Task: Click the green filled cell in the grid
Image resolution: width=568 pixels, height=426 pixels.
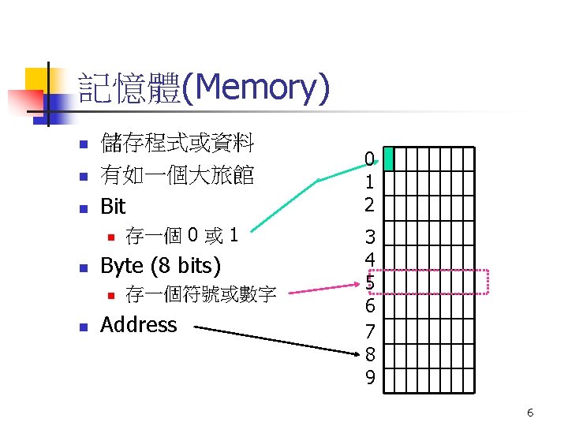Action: click(388, 159)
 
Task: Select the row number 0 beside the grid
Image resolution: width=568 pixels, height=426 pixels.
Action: click(369, 159)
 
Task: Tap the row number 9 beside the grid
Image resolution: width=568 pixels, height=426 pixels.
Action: click(369, 377)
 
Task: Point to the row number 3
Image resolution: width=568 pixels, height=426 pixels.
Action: click(369, 236)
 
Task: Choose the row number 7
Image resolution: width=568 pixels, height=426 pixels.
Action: click(369, 328)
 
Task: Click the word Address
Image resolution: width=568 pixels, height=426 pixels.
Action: click(139, 325)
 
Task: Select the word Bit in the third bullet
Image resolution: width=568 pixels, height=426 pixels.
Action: click(113, 207)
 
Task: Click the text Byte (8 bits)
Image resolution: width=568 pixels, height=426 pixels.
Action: click(161, 265)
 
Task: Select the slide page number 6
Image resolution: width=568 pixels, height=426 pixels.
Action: click(530, 413)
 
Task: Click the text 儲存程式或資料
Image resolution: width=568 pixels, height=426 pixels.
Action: click(177, 144)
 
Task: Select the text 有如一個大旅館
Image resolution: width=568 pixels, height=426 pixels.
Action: click(177, 175)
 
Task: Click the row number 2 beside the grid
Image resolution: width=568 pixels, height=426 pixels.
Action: click(369, 204)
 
